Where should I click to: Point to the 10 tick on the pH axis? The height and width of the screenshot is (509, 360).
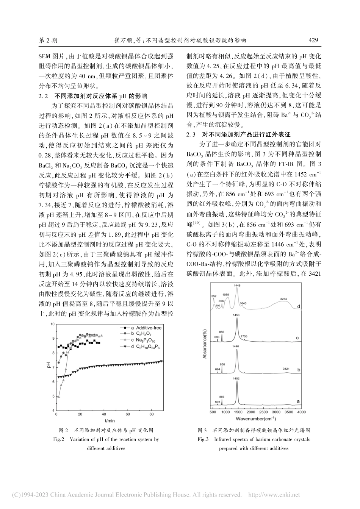[53, 324]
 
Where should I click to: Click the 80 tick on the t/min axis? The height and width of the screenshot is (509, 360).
[152, 415]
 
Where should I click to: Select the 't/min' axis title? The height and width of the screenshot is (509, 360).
[110, 421]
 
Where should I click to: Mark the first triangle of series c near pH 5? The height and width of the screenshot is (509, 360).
[58, 397]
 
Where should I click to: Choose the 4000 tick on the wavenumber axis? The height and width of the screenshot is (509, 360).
[301, 412]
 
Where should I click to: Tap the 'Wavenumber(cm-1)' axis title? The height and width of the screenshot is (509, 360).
[255, 418]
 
